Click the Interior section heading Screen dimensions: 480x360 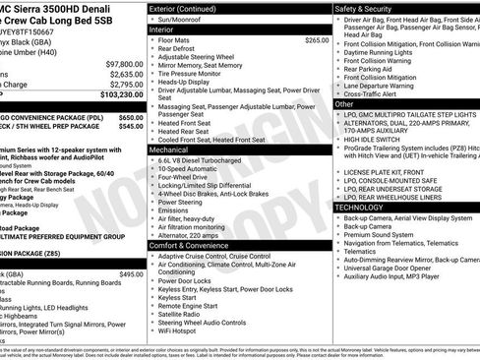coord(163,30)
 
